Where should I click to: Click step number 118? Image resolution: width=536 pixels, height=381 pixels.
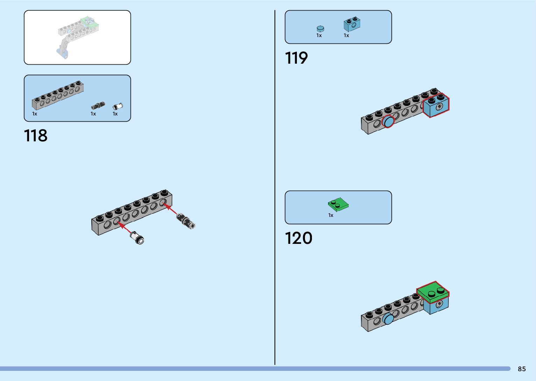pyautogui.click(x=36, y=136)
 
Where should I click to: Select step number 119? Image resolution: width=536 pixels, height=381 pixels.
pyautogui.click(x=296, y=58)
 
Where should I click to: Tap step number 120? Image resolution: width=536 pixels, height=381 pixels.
pyautogui.click(x=298, y=238)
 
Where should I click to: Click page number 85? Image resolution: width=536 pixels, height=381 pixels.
pyautogui.click(x=522, y=369)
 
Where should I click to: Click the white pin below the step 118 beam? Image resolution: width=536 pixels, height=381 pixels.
pyautogui.click(x=138, y=238)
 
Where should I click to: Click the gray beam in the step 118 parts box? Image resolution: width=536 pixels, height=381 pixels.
pyautogui.click(x=58, y=95)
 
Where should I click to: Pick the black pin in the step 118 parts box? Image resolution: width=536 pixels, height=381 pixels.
pyautogui.click(x=98, y=106)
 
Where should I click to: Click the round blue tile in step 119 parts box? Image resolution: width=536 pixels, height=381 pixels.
pyautogui.click(x=320, y=29)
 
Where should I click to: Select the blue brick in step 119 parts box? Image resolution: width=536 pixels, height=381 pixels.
pyautogui.click(x=352, y=24)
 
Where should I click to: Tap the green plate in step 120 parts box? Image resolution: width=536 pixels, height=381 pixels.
pyautogui.click(x=338, y=204)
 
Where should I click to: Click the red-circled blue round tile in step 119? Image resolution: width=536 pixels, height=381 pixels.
pyautogui.click(x=388, y=121)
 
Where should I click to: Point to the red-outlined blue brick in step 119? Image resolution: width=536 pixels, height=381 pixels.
pyautogui.click(x=436, y=106)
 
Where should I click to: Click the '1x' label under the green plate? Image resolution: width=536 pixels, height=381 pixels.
pyautogui.click(x=330, y=215)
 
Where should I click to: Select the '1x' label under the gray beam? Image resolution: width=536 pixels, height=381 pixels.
pyautogui.click(x=35, y=114)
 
